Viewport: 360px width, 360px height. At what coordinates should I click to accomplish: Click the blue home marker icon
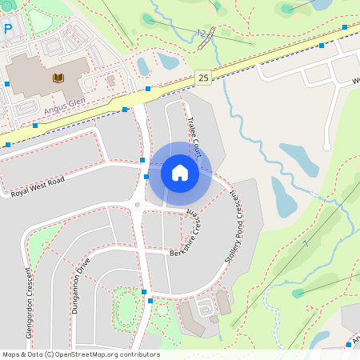coord(180,173)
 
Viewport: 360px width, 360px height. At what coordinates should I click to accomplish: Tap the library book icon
coord(58,78)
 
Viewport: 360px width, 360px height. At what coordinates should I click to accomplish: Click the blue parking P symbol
coord(8,29)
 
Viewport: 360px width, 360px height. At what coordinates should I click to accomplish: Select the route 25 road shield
coord(203,77)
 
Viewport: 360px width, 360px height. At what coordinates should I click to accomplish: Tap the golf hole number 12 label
coord(201,34)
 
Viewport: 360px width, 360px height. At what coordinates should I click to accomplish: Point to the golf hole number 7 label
coord(305,242)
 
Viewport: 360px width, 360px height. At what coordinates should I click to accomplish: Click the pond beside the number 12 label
coord(168,61)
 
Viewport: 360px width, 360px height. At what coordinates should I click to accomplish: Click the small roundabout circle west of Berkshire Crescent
coord(138,205)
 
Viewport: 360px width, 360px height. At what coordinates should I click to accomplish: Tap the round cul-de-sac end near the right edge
coord(326,146)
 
